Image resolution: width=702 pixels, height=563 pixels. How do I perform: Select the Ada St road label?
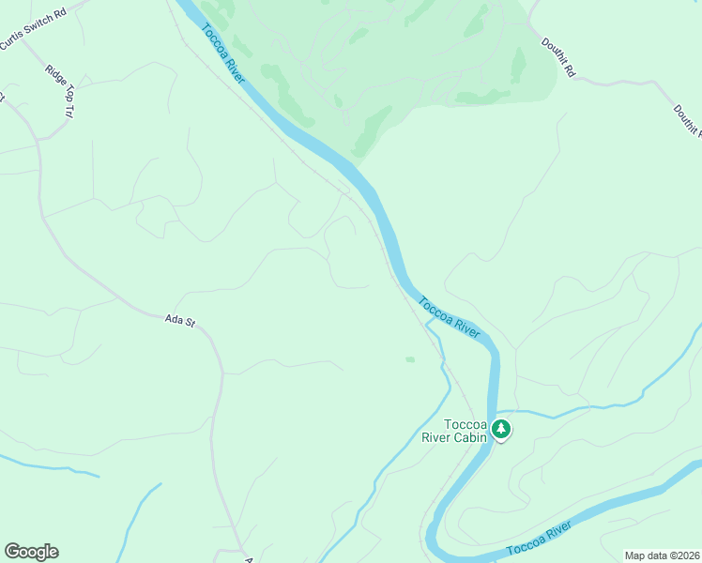pos(178,321)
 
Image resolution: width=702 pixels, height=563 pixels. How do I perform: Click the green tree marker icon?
pos(502,429)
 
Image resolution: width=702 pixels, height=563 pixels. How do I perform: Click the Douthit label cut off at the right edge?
pos(686,120)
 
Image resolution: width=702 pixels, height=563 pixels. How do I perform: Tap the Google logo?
pos(31,552)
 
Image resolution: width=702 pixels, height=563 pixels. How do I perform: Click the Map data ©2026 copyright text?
pos(662,555)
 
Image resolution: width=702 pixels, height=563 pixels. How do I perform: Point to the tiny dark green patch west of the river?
pos(409,358)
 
